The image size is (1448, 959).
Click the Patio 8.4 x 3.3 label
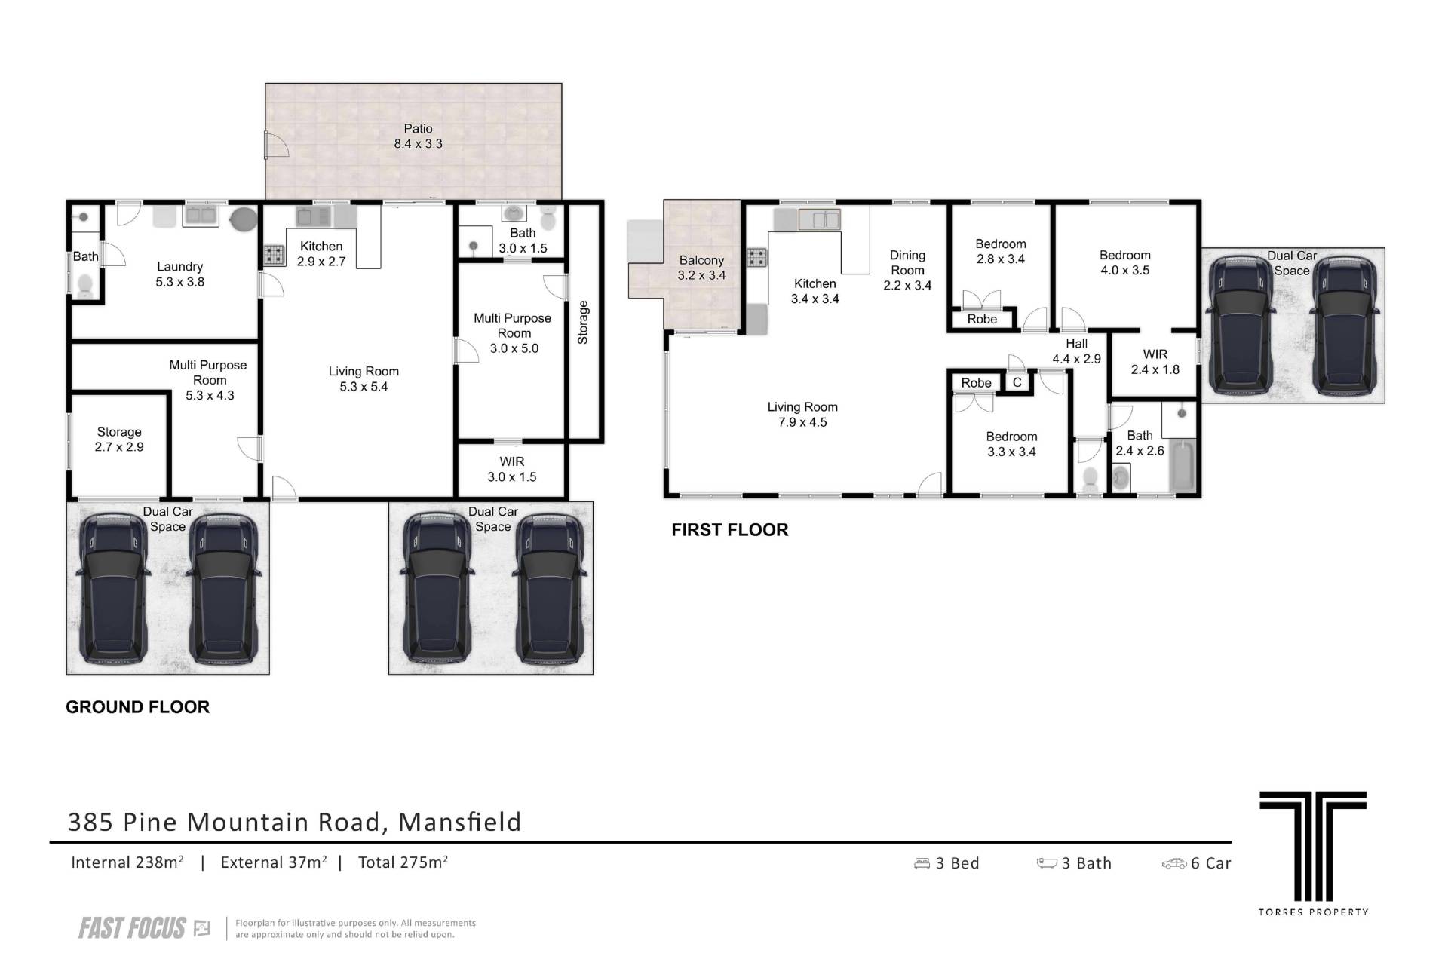[x=418, y=136]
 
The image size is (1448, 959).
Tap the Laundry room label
[x=179, y=274]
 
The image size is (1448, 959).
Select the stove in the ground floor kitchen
[x=274, y=256]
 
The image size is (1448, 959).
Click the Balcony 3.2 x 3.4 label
[x=701, y=268]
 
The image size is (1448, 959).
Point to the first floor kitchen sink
[x=820, y=219]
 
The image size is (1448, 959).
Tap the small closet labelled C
[x=1017, y=382]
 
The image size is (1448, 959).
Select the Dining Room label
[x=907, y=270]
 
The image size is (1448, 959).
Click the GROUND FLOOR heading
[x=137, y=707]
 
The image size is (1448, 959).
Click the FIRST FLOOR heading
[x=729, y=530]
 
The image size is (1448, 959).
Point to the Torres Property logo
[x=1313, y=853]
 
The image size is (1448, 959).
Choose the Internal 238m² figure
[x=127, y=862]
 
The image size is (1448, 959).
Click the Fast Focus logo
[x=144, y=928]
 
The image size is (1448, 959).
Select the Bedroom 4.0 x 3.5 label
[x=1124, y=262]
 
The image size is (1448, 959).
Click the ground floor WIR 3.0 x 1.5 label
[x=511, y=469]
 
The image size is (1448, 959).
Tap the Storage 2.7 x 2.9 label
[x=119, y=439]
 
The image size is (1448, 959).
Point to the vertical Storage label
[x=583, y=323]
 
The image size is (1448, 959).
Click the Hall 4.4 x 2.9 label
[x=1076, y=351]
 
